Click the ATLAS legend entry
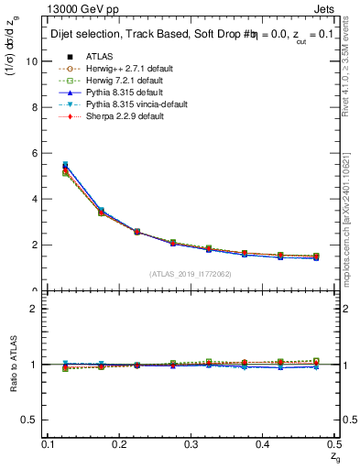pos(99,56)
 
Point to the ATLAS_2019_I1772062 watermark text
pos(191,274)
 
